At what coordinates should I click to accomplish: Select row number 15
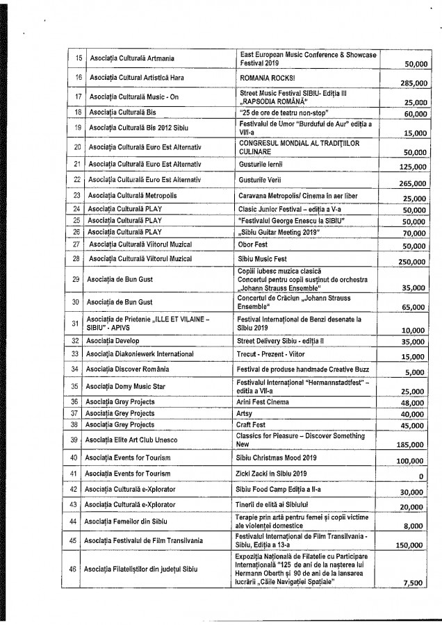pyautogui.click(x=78, y=58)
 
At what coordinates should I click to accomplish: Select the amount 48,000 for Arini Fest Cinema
pyautogui.click(x=416, y=402)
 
